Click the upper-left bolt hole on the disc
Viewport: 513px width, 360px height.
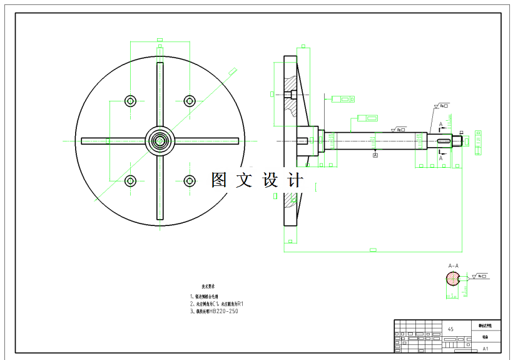(130, 101)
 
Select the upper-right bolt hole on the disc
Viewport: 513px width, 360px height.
(190, 101)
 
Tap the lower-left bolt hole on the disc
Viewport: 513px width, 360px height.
(130, 181)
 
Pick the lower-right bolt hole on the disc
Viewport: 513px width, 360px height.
(190, 181)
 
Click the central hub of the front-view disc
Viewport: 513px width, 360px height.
(160, 141)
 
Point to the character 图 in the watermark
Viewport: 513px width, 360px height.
(220, 180)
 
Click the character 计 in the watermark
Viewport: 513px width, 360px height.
(294, 180)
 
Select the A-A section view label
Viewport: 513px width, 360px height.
(452, 265)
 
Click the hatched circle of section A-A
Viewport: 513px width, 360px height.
(452, 279)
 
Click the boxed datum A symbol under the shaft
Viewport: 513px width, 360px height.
(375, 155)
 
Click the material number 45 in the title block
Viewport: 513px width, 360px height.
(451, 329)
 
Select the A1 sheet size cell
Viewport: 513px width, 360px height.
(485, 348)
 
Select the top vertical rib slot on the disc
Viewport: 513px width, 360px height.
(160, 94)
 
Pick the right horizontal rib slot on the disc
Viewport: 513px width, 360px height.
(206, 141)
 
